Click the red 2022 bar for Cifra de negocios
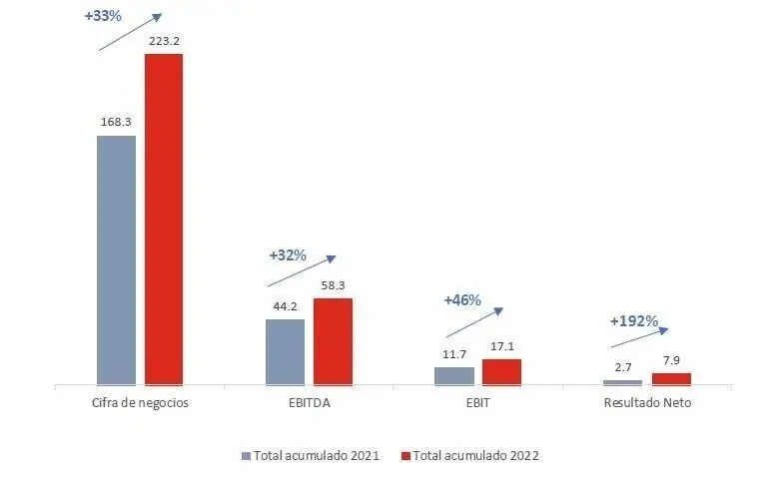[164, 219]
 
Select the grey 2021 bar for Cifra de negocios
[116, 259]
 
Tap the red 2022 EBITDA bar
[333, 340]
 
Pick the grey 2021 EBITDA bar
[285, 351]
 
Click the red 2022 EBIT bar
[501, 371]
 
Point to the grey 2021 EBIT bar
[453, 375]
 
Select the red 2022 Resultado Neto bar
[671, 378]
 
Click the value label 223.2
[164, 41]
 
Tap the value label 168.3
[116, 122]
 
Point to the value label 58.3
[333, 285]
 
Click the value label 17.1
[501, 346]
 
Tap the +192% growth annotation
[633, 321]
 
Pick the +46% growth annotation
[462, 299]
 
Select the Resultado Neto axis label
[647, 403]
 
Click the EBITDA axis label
[309, 403]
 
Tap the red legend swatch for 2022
[406, 455]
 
